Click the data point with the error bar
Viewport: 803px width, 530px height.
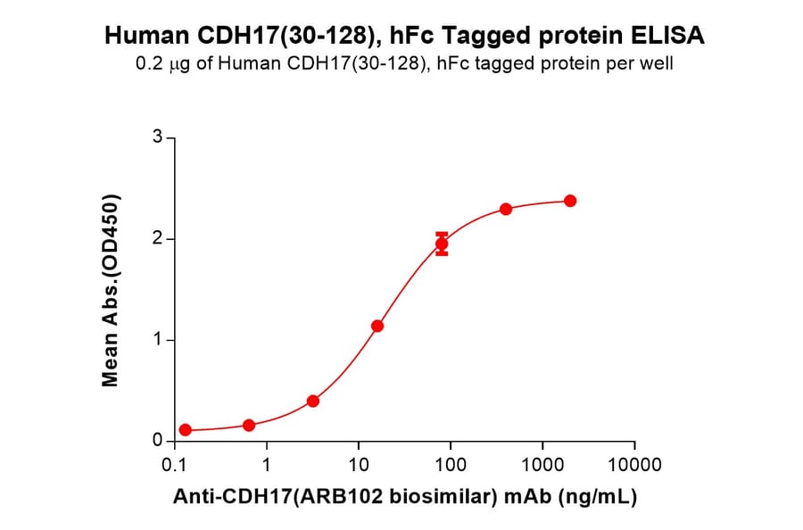(442, 244)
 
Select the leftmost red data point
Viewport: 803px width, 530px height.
(185, 429)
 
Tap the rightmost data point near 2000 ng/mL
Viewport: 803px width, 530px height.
(570, 201)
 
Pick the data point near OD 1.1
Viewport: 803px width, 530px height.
(377, 326)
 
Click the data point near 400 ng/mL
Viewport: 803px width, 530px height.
(506, 209)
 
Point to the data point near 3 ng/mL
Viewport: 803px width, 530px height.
(313, 401)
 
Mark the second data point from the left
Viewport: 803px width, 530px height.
(249, 425)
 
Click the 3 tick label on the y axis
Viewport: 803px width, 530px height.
(157, 137)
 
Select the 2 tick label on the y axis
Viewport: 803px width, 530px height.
(157, 239)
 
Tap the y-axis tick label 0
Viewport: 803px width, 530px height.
(157, 441)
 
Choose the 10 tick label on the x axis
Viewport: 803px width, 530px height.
(358, 465)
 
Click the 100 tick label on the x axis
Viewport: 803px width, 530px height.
(450, 465)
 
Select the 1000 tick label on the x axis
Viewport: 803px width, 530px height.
(542, 465)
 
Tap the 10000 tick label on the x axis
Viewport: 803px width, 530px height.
(633, 465)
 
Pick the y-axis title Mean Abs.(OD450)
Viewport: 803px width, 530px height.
(111, 290)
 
